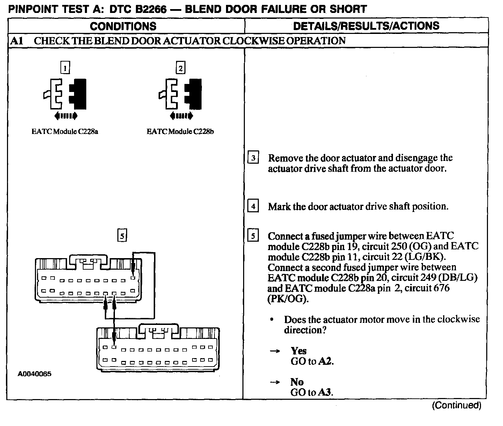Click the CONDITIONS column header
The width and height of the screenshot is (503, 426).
click(x=123, y=26)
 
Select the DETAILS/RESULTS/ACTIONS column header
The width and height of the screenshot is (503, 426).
click(x=366, y=26)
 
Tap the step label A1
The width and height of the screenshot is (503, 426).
click(x=16, y=41)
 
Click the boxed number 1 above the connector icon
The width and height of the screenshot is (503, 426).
click(x=65, y=67)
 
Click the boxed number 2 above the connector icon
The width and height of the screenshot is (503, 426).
click(x=180, y=68)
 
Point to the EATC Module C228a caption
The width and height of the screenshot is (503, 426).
click(x=65, y=132)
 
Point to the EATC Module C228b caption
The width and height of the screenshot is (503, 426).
click(x=180, y=132)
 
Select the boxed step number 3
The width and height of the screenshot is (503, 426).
click(x=253, y=158)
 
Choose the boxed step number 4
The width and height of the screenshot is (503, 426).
click(x=253, y=206)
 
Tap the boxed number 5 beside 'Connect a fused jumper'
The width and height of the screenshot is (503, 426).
click(x=253, y=236)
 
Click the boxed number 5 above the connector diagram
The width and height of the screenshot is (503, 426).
click(x=122, y=236)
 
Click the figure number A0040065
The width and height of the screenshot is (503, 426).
click(x=35, y=374)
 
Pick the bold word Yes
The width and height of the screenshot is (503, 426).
click(x=298, y=351)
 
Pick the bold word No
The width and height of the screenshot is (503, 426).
click(x=297, y=382)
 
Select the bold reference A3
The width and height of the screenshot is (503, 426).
click(x=325, y=392)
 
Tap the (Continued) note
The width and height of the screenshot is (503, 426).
click(x=457, y=405)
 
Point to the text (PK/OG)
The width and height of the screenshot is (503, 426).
click(x=288, y=299)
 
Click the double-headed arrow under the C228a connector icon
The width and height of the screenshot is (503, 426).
click(x=66, y=116)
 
